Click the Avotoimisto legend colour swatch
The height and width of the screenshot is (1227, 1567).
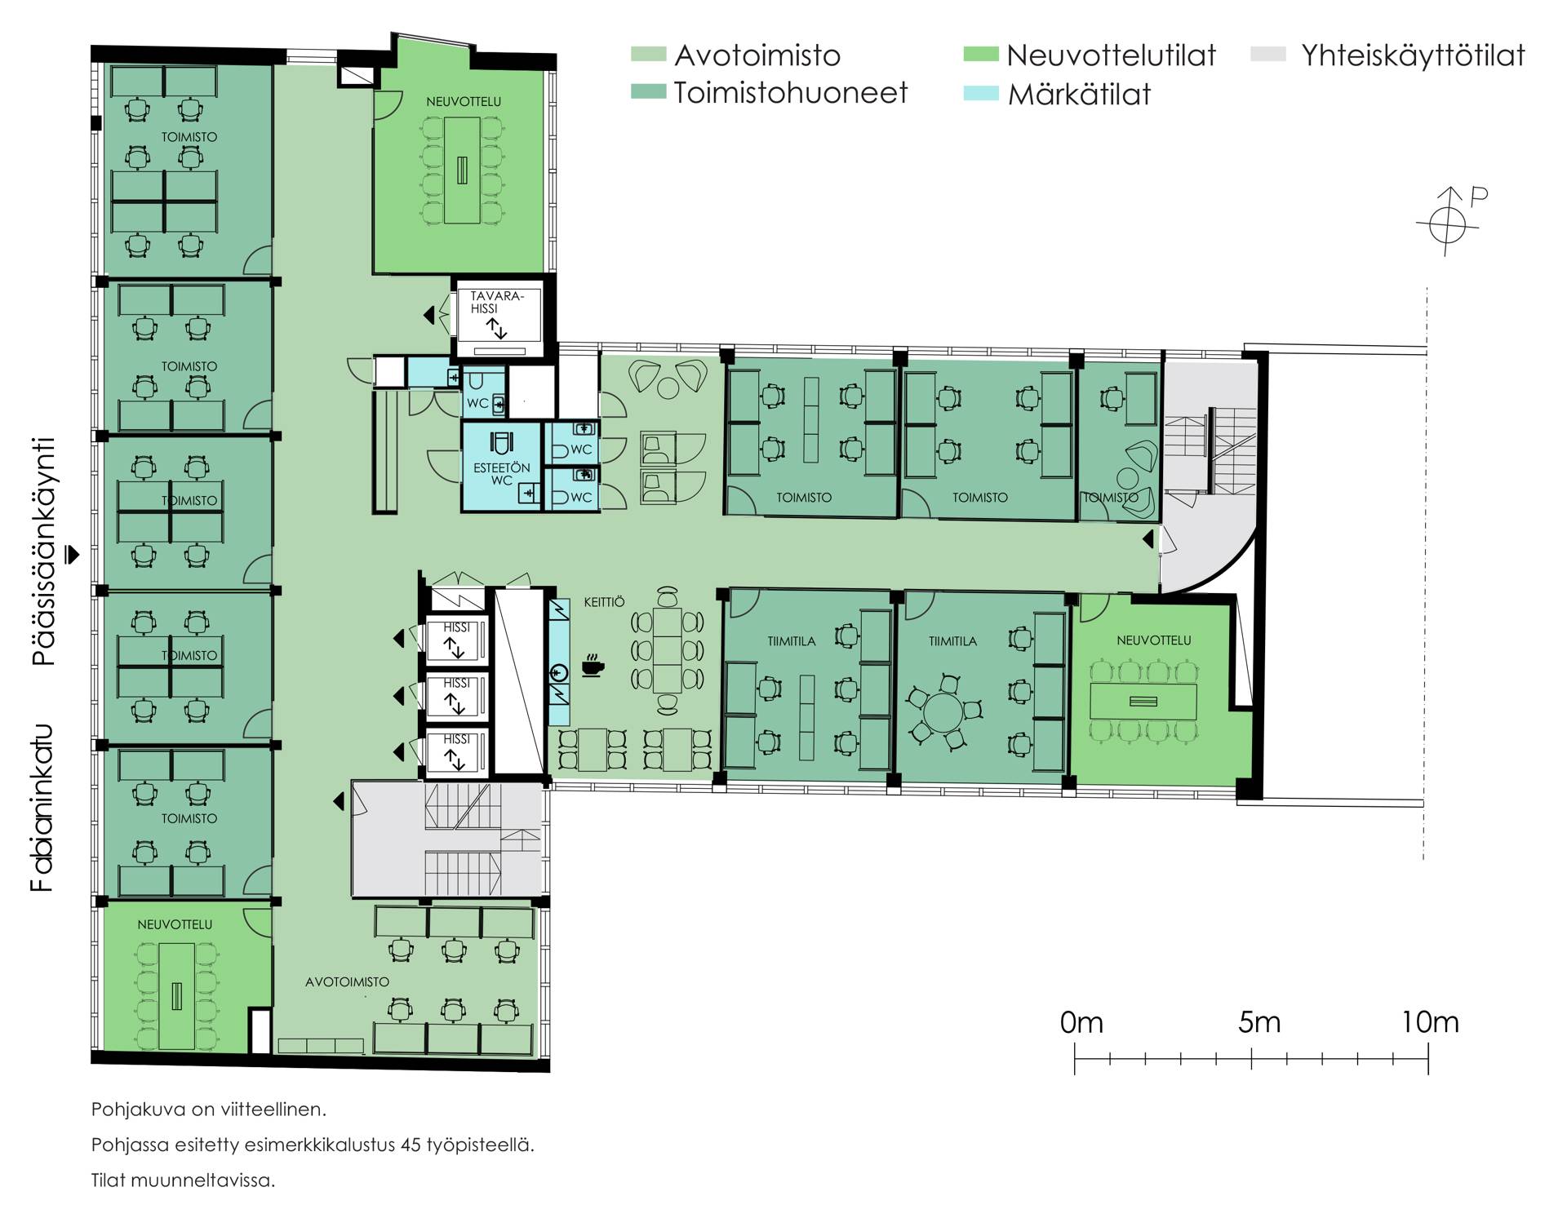point(649,55)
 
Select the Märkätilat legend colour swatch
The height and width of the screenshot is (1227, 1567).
point(981,93)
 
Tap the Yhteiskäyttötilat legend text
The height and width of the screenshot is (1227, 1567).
point(1413,55)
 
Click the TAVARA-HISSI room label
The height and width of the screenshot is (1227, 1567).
point(495,302)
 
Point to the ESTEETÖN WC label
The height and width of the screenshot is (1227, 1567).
point(502,474)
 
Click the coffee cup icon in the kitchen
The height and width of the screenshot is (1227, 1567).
point(593,666)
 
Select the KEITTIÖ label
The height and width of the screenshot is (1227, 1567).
point(604,602)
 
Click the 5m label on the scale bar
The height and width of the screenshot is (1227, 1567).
point(1258,1022)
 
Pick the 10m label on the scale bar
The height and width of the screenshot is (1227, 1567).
point(1430,1022)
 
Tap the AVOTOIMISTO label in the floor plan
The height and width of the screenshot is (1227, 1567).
point(347,982)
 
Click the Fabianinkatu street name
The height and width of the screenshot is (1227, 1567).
point(42,808)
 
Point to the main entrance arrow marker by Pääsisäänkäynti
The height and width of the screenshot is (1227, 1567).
point(73,554)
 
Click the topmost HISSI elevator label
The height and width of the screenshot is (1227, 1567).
point(457,627)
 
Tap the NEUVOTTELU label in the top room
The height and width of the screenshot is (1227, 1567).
point(464,102)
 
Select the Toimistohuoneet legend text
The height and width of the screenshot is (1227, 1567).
point(790,93)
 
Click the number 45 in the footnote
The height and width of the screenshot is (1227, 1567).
point(411,1145)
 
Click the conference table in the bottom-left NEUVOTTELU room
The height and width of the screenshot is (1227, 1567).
point(176,996)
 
